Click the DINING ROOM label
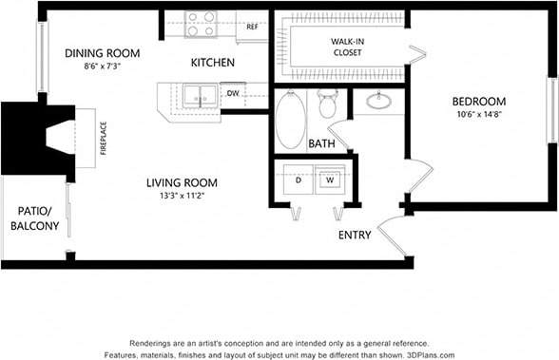(x=103, y=53)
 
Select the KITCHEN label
(x=213, y=63)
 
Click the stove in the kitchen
(x=201, y=24)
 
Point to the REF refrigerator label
(x=252, y=27)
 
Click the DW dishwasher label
(x=233, y=94)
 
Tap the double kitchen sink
(x=200, y=95)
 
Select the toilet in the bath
(x=327, y=104)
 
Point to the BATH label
(x=321, y=144)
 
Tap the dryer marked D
(x=298, y=180)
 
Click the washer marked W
(x=330, y=180)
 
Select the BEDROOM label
(x=478, y=102)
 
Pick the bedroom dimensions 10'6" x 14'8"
(x=478, y=116)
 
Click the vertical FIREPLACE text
(x=103, y=138)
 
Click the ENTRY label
(x=355, y=235)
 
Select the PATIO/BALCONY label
(x=35, y=218)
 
